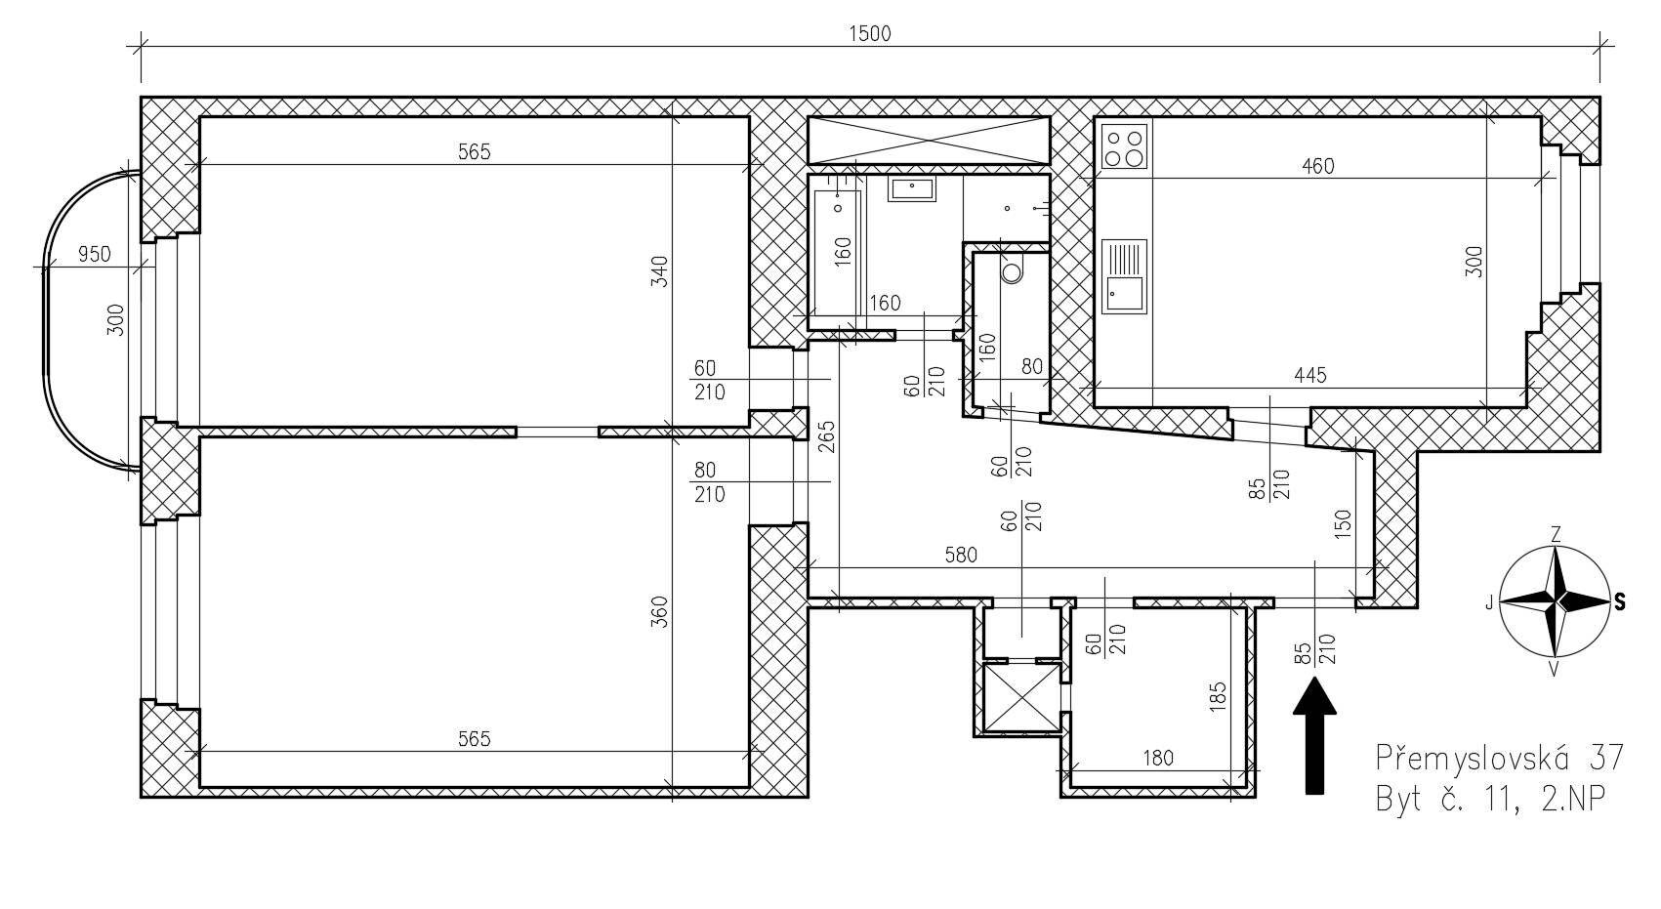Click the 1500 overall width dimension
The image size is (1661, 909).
click(x=870, y=34)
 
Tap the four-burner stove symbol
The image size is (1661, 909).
click(x=1124, y=146)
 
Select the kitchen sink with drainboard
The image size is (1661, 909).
click(x=1124, y=276)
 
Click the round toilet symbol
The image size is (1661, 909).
click(x=1012, y=269)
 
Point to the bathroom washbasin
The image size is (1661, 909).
click(x=912, y=188)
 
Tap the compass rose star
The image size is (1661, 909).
click(x=1555, y=600)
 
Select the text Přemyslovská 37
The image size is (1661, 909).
click(x=1500, y=758)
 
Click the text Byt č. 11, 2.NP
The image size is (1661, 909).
click(x=1490, y=800)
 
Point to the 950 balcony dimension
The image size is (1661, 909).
click(x=94, y=255)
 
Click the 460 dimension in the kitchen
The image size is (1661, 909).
click(x=1317, y=167)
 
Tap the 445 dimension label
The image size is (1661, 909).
click(x=1310, y=376)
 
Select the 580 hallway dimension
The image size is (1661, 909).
click(x=961, y=556)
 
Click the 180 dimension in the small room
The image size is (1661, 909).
click(x=1158, y=759)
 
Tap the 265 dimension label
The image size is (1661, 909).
click(x=827, y=437)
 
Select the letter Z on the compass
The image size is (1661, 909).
click(x=1556, y=535)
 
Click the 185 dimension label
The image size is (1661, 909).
click(x=1218, y=698)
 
